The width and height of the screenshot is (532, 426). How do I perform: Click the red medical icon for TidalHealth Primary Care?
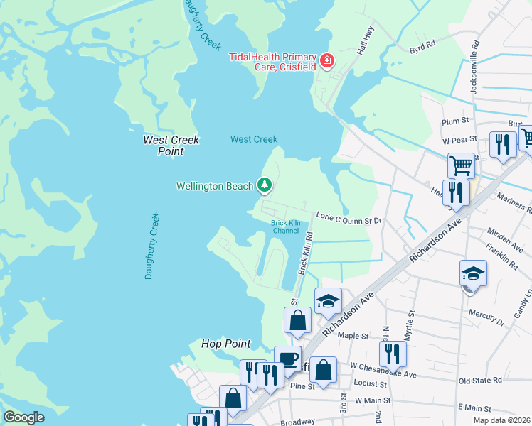tap(327, 62)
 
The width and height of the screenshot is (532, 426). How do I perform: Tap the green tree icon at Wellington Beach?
tap(265, 186)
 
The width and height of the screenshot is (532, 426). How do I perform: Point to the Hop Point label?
tap(225, 344)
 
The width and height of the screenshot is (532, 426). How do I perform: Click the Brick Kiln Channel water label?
tap(285, 226)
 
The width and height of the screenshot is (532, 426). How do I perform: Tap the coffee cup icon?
tap(287, 358)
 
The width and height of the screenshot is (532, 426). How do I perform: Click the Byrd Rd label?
tap(422, 50)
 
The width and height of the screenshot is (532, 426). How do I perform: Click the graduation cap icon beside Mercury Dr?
tap(473, 273)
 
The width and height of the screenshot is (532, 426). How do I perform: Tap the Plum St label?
tap(453, 121)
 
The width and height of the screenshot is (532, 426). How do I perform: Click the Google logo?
tap(24, 417)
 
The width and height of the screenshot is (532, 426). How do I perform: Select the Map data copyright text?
tap(501, 420)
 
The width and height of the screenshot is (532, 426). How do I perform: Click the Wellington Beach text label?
tap(215, 187)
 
